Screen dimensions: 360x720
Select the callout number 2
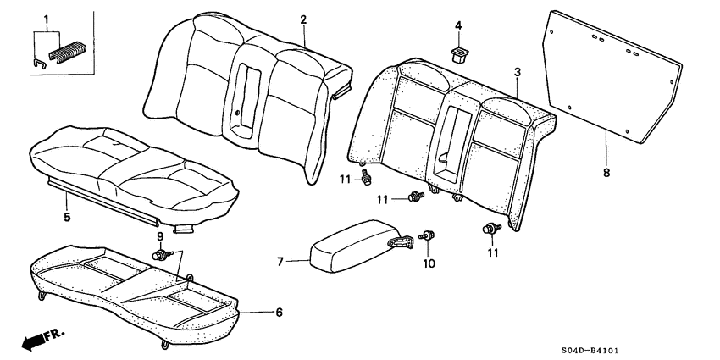point(302,19)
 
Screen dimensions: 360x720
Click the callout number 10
point(428,263)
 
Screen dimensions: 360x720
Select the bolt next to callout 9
point(160,254)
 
